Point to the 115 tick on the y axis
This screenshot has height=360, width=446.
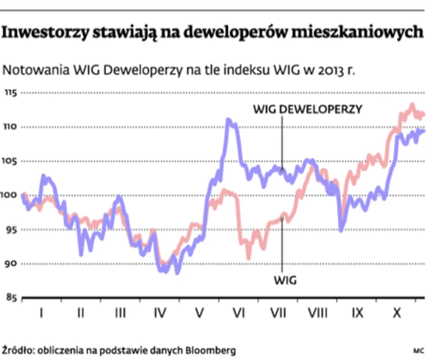[x=11, y=92]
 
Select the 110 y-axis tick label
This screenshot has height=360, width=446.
[x=11, y=127]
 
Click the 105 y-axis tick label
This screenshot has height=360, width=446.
[x=11, y=161]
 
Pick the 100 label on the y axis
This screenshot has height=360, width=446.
[x=11, y=196]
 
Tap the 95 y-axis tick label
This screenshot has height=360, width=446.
[x=12, y=230]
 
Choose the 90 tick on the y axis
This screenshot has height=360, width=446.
[x=12, y=264]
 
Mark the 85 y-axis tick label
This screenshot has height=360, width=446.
[x=12, y=299]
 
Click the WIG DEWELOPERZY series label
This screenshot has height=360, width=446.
[x=307, y=109]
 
